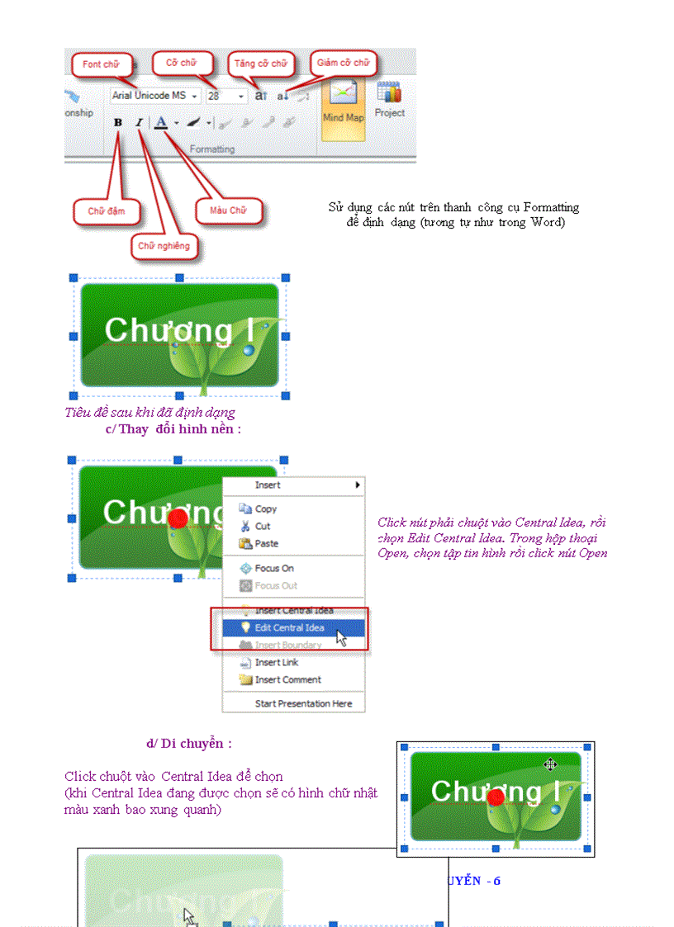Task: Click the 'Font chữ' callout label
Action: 101,64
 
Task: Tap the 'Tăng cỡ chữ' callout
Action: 260,64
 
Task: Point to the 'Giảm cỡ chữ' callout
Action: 344,63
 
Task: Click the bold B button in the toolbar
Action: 118,122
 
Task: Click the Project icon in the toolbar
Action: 389,99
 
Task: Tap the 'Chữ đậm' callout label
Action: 107,211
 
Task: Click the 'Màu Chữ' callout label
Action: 228,210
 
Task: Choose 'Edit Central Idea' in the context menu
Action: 289,628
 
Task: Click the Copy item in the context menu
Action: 265,509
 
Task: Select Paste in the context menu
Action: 266,544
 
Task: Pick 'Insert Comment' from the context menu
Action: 287,680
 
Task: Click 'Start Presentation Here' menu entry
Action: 303,704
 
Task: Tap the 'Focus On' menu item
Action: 273,569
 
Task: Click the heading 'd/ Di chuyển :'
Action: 189,744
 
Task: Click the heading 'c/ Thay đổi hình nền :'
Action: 173,428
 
